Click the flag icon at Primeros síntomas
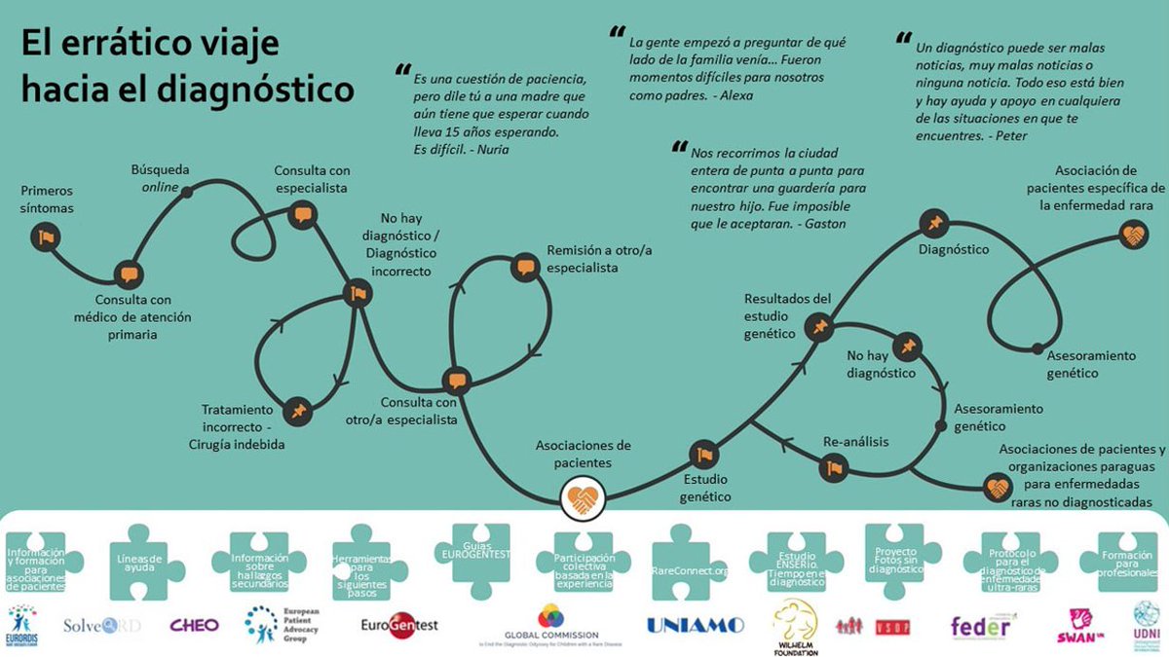[x=45, y=236]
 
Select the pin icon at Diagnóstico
[x=933, y=224]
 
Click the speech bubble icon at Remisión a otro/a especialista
[x=525, y=267]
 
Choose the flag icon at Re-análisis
[x=832, y=468]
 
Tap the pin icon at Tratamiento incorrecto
[x=298, y=412]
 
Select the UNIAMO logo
[x=695, y=625]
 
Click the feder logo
[x=980, y=626]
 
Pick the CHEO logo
[x=194, y=625]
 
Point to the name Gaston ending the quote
[x=825, y=224]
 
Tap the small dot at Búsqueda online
[x=187, y=193]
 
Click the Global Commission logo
[x=550, y=627]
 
